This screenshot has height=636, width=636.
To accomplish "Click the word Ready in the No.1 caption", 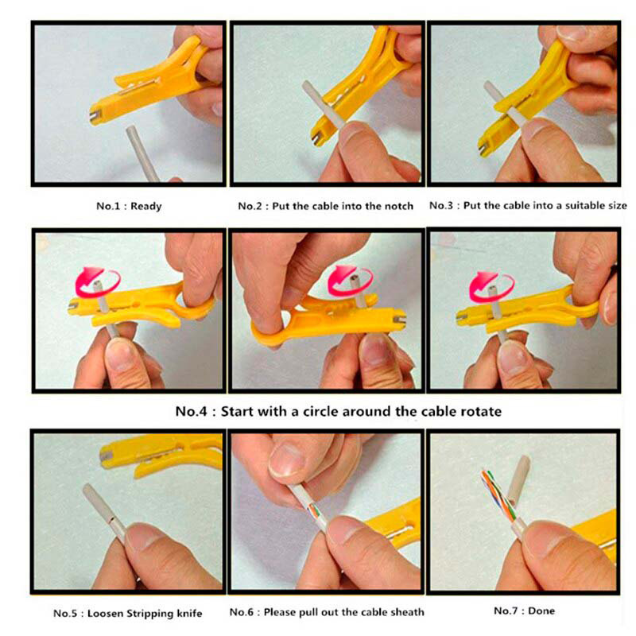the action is [146, 207].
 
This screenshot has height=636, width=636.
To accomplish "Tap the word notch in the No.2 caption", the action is [399, 206].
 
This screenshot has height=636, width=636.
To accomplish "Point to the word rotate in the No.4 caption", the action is [482, 412].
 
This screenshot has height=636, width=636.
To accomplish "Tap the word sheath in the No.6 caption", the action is [407, 612].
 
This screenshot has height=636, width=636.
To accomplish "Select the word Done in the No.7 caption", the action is [541, 611].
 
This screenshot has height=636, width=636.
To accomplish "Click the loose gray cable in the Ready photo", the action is [142, 153].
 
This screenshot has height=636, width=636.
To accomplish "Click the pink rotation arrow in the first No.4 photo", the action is [97, 281].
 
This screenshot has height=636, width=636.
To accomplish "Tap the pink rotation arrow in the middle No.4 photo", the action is [349, 280].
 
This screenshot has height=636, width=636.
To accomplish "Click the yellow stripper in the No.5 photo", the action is [161, 454].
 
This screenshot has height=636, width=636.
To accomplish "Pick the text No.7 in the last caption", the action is [506, 611].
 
